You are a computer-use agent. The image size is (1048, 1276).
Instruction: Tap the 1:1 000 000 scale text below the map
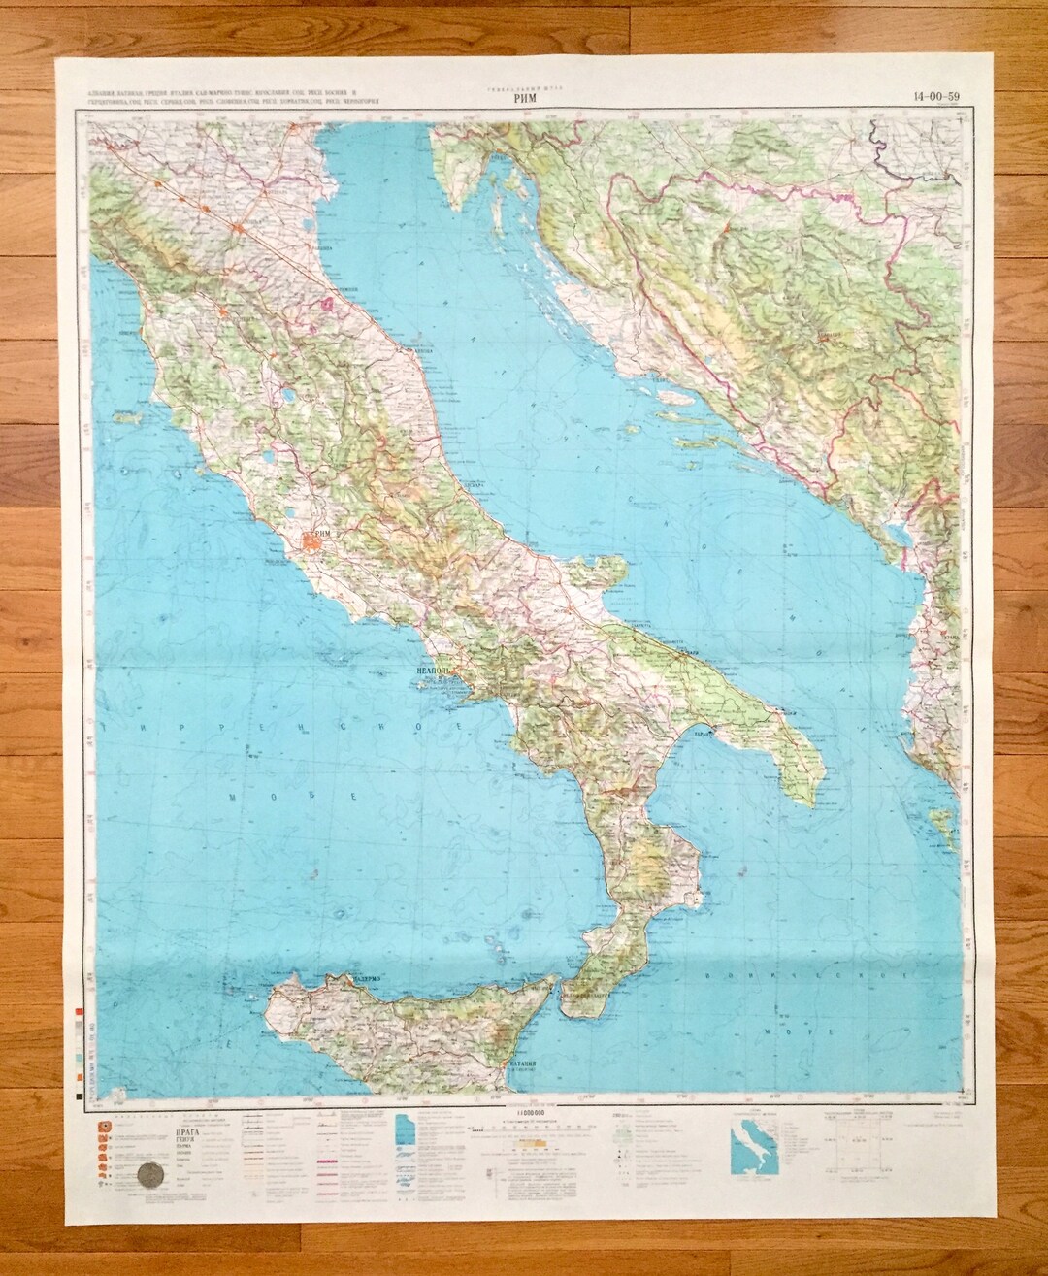527,1110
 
